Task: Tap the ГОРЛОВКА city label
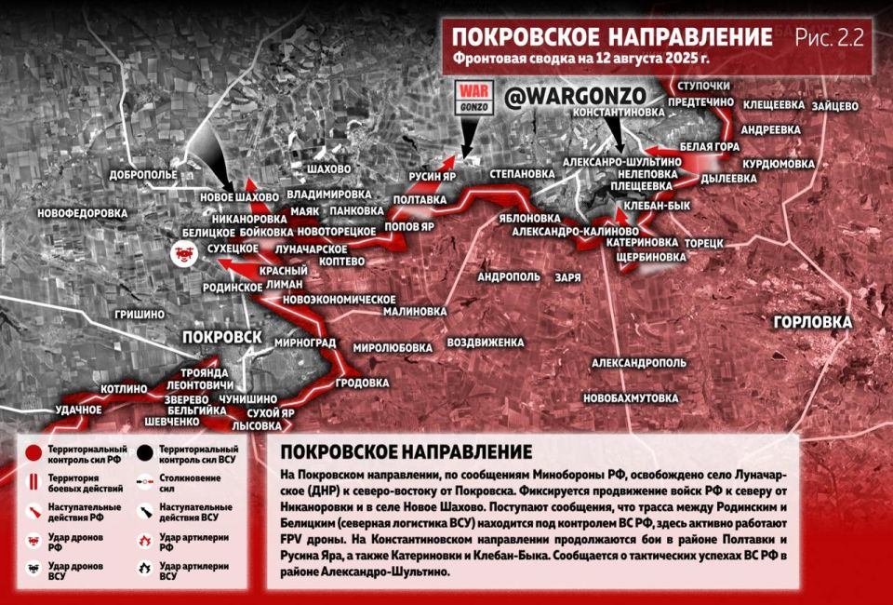pos(812,322)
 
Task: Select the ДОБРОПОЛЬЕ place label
pos(143,174)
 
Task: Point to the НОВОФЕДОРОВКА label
pos(82,213)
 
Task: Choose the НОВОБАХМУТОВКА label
pos(631,397)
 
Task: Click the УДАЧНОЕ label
pos(78,410)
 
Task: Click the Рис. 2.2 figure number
pos(830,37)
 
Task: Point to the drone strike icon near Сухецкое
pos(182,251)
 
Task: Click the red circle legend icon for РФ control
pos(33,453)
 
